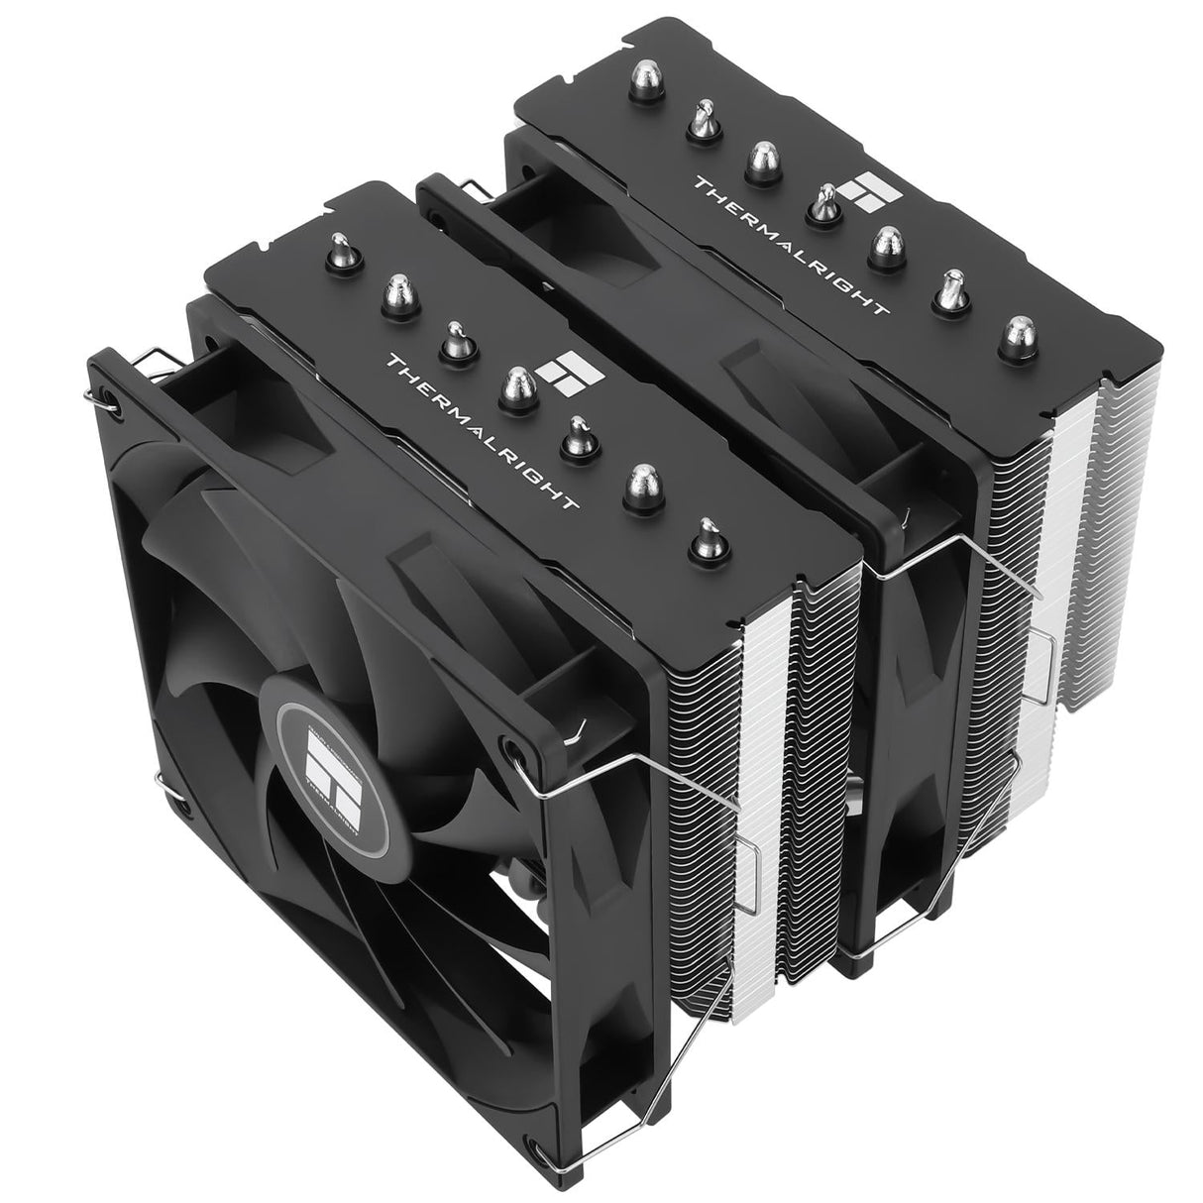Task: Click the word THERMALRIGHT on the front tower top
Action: [483, 433]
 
